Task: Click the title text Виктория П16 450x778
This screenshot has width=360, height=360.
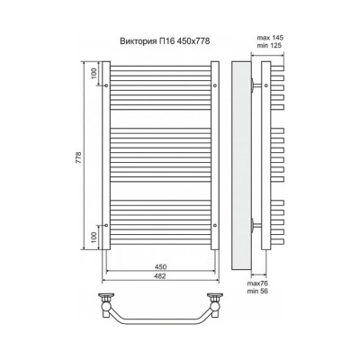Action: [x=165, y=40]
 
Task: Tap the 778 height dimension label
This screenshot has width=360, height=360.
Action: [x=78, y=157]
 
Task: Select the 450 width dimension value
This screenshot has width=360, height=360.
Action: [x=161, y=266]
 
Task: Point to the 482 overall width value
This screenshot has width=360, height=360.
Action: [x=161, y=276]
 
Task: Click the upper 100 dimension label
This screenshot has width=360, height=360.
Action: [x=94, y=74]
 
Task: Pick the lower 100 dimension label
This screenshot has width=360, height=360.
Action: [x=94, y=238]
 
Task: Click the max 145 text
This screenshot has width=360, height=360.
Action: [x=270, y=38]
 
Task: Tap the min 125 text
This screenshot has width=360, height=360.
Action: [x=270, y=46]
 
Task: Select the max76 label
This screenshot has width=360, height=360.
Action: [x=257, y=283]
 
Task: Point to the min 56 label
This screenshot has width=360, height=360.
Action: [x=257, y=291]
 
